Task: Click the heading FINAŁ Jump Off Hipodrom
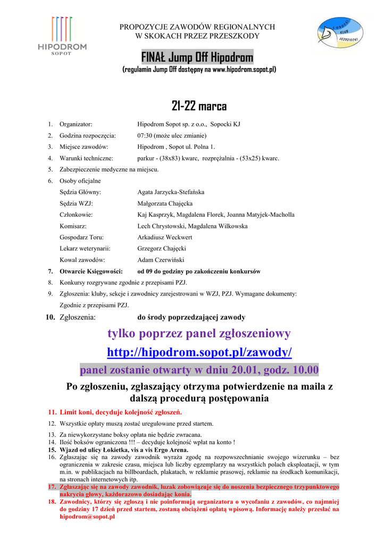197,57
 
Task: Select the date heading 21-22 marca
199,106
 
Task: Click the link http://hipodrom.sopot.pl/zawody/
199,352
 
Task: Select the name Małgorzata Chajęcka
165,203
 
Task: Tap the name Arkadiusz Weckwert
165,237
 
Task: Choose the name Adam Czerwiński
161,260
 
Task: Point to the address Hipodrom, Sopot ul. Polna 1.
176,147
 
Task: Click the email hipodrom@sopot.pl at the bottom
87,516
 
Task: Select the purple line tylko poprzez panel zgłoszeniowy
199,334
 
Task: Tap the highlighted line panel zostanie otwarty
199,370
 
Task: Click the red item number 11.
52,412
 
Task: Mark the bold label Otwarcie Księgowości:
91,271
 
